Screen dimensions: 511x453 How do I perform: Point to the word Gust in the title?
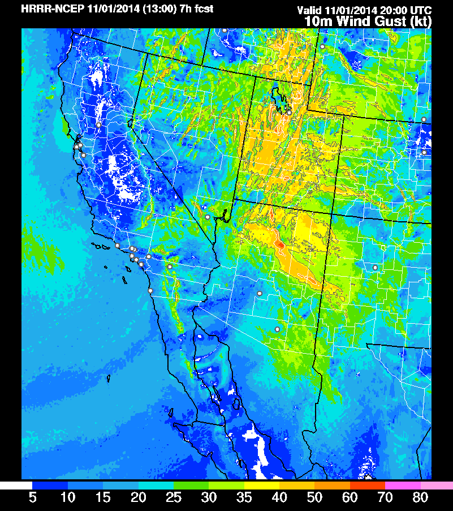[x=385, y=22]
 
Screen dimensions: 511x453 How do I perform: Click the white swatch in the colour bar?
[x=16, y=486]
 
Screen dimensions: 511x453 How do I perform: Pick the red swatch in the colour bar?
[x=368, y=486]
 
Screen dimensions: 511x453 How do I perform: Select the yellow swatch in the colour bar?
[x=262, y=486]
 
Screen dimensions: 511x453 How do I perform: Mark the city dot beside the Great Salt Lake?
[x=289, y=113]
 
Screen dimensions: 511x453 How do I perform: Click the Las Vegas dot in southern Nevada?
[x=208, y=217]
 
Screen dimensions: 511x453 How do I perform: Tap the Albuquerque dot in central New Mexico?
[x=375, y=267]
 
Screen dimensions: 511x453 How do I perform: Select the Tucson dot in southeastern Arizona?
[x=277, y=329]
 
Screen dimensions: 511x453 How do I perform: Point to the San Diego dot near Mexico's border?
[x=150, y=291]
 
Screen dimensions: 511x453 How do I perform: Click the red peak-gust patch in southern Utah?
[x=279, y=244]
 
